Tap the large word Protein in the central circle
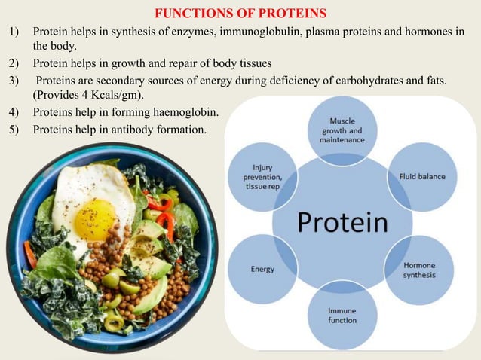[x=342, y=222]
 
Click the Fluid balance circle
[x=421, y=177]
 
